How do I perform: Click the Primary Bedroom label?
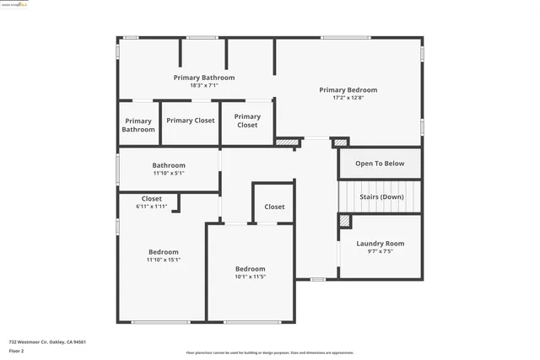click(x=348, y=89)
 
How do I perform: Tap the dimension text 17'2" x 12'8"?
click(x=348, y=98)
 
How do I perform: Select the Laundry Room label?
click(x=380, y=244)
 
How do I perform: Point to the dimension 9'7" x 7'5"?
click(x=380, y=251)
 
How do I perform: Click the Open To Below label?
click(x=380, y=164)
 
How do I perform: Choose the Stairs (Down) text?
click(x=381, y=196)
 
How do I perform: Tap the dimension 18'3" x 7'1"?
click(x=203, y=85)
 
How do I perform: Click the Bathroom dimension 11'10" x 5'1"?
click(x=168, y=173)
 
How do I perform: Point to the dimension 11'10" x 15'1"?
click(x=163, y=260)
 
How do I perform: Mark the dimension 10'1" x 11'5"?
click(x=250, y=277)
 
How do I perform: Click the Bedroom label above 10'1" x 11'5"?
click(x=250, y=268)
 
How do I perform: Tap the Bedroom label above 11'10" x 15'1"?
click(x=163, y=251)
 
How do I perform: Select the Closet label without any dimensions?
click(x=274, y=207)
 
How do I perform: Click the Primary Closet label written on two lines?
click(x=247, y=121)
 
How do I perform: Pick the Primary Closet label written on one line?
click(x=190, y=121)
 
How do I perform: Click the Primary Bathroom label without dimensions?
click(x=138, y=125)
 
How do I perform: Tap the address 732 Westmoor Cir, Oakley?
click(x=47, y=342)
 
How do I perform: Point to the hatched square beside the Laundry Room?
click(x=344, y=220)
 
